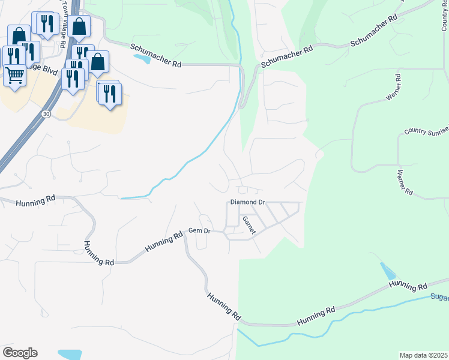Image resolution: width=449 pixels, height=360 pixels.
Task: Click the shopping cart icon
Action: [14, 76]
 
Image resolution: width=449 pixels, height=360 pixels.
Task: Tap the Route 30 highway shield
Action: [46, 113]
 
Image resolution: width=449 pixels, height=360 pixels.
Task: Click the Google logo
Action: [20, 352]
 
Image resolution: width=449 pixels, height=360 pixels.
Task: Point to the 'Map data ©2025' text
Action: [424, 355]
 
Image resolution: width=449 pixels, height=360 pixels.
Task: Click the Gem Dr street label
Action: [200, 230]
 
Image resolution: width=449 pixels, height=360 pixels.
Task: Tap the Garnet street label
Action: [249, 225]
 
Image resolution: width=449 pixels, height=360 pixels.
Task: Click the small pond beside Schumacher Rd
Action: [142, 59]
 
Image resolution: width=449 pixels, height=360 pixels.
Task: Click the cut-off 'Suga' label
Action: [439, 297]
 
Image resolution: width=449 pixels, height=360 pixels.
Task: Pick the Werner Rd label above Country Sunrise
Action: [394, 88]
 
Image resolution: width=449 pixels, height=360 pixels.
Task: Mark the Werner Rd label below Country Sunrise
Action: [404, 182]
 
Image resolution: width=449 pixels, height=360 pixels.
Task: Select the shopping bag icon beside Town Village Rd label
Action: [79, 26]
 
